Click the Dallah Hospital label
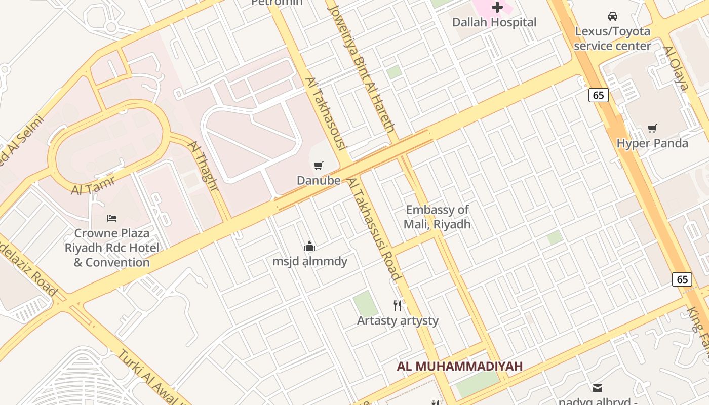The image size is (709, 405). click(x=494, y=22)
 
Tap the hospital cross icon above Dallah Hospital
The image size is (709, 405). click(x=497, y=7)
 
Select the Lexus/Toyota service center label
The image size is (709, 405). click(x=612, y=38)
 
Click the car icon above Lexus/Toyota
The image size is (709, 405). click(x=613, y=16)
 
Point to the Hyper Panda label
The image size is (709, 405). click(x=652, y=143)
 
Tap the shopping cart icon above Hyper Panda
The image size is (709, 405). click(x=652, y=129)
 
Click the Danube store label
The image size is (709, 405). click(x=319, y=180)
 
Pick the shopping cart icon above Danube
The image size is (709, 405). click(x=319, y=166)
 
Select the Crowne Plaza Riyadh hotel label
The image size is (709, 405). click(x=112, y=248)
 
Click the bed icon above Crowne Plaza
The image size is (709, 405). click(x=112, y=218)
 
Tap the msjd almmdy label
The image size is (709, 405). click(x=310, y=261)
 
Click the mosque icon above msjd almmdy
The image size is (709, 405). click(x=309, y=247)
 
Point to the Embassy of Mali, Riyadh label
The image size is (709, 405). click(x=437, y=217)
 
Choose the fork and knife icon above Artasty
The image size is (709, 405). click(x=398, y=305)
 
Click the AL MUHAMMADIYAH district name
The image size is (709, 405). click(x=460, y=367)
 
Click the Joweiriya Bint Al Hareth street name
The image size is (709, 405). click(x=362, y=68)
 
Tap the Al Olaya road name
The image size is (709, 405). click(x=676, y=68)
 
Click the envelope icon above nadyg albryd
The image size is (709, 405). click(x=598, y=388)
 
